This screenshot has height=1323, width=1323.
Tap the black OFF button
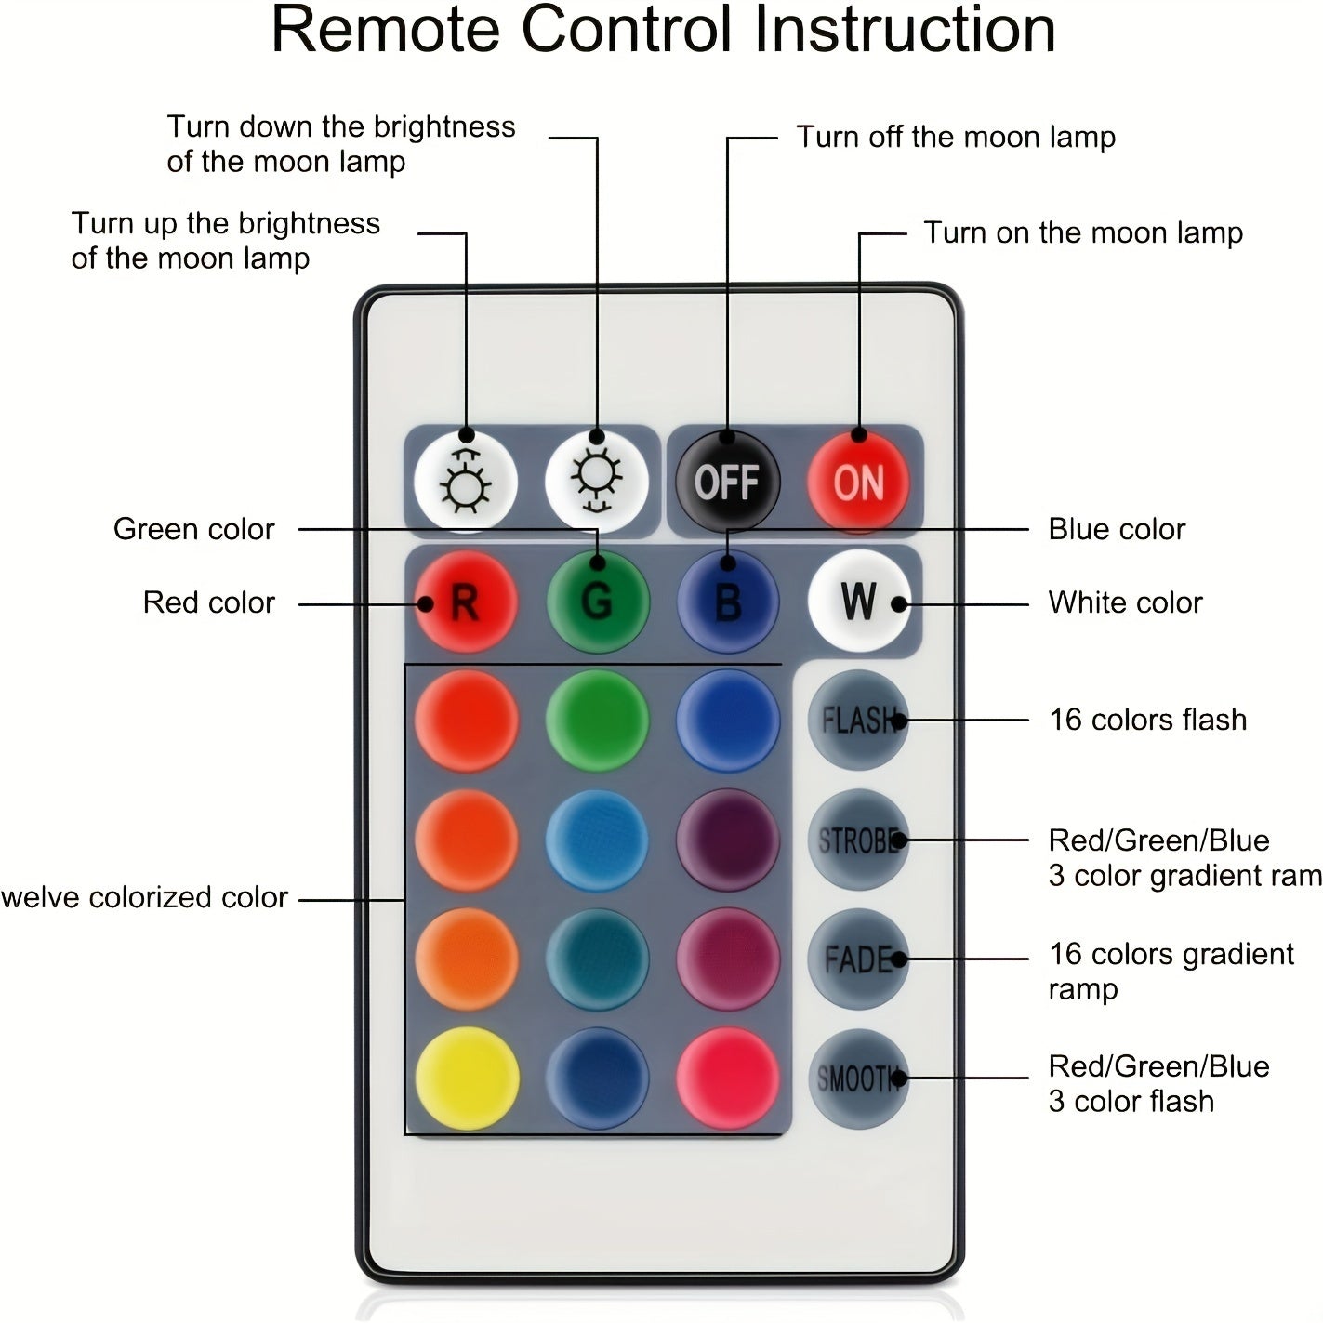(x=727, y=482)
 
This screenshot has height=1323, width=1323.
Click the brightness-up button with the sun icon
(x=466, y=482)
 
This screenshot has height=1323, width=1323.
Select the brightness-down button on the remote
(x=597, y=482)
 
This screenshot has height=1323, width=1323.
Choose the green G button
(x=597, y=602)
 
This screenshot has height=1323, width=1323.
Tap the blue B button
(x=728, y=602)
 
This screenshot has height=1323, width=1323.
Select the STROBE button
(x=858, y=840)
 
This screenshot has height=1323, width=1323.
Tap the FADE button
(x=858, y=959)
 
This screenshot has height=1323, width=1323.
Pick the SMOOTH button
(x=858, y=1078)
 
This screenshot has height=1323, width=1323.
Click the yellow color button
(x=467, y=1078)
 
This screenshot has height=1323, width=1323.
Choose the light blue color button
(x=597, y=840)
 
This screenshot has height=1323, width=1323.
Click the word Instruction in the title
(x=904, y=30)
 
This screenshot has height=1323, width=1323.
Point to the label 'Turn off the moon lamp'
(x=956, y=138)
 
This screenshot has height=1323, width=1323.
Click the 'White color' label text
(x=1125, y=602)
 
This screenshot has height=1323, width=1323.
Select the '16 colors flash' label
(x=1147, y=720)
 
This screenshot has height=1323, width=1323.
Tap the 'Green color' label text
(x=194, y=529)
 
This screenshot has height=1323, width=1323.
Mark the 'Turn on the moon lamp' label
(x=1083, y=232)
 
